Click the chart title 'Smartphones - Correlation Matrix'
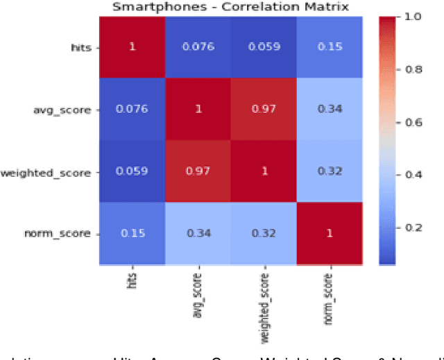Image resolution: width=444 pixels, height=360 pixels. [x=230, y=7]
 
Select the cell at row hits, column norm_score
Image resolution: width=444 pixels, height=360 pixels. [x=329, y=46]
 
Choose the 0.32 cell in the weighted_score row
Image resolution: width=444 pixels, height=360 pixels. [x=329, y=171]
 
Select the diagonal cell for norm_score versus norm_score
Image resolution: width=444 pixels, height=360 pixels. [x=329, y=232]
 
